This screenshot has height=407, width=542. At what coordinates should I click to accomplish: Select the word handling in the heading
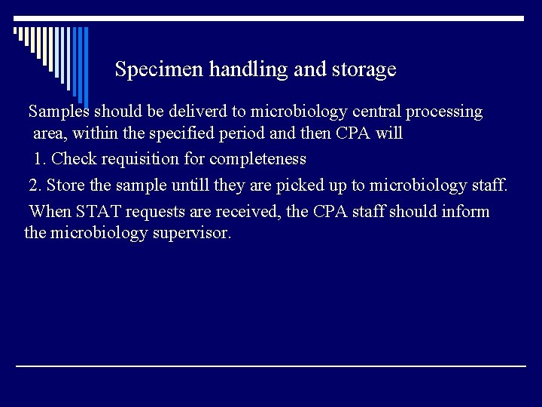click(x=239, y=70)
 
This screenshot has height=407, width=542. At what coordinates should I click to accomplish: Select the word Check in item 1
click(x=74, y=159)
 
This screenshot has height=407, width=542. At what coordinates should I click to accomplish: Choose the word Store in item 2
click(x=64, y=185)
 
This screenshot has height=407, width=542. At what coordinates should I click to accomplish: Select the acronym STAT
click(x=93, y=212)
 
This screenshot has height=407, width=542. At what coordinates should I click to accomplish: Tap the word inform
click(x=465, y=212)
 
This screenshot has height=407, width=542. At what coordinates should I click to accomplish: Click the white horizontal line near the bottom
click(x=271, y=366)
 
